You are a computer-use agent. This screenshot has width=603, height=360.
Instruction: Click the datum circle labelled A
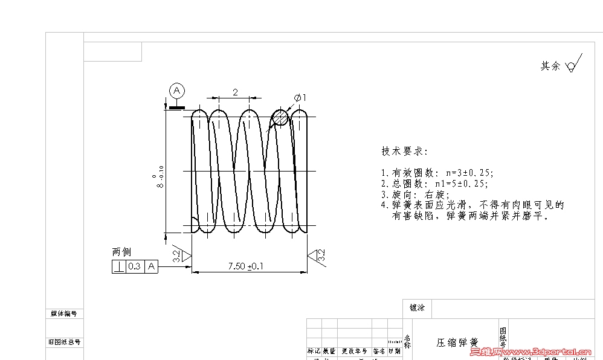pyautogui.click(x=177, y=91)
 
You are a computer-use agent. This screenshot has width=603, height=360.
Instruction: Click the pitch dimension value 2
pyautogui.click(x=235, y=92)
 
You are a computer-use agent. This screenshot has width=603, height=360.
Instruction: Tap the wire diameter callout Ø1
pyautogui.click(x=301, y=97)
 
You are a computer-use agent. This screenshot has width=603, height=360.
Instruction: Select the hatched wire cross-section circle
pyautogui.click(x=280, y=117)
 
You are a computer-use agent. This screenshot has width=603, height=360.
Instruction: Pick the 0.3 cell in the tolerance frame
pyautogui.click(x=135, y=266)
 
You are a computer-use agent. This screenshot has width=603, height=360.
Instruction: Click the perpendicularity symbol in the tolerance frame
pyautogui.click(x=119, y=266)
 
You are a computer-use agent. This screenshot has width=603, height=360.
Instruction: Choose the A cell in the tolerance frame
pyautogui.click(x=151, y=266)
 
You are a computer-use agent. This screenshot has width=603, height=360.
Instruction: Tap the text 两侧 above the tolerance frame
pyautogui.click(x=121, y=252)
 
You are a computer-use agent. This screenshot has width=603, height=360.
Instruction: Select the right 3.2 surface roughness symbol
pyautogui.click(x=318, y=256)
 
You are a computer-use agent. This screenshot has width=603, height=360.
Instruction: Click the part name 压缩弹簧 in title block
pyautogui.click(x=457, y=342)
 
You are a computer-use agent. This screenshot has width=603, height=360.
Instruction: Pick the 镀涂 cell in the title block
pyautogui.click(x=417, y=307)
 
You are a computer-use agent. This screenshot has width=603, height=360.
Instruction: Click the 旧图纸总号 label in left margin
pyautogui.click(x=65, y=342)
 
